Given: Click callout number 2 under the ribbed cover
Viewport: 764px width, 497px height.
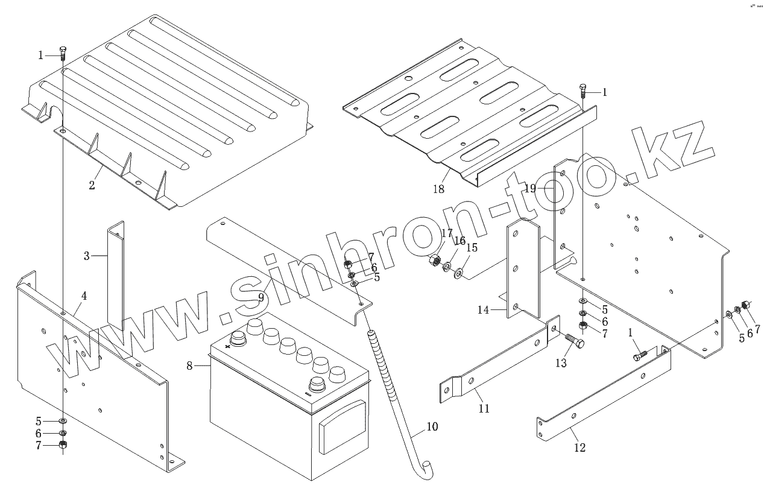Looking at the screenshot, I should (x=92, y=185).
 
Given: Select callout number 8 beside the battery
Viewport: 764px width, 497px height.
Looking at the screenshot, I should (x=189, y=365).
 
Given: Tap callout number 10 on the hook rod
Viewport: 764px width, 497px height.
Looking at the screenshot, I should (x=432, y=427).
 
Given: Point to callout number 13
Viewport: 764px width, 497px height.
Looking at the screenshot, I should (x=561, y=362).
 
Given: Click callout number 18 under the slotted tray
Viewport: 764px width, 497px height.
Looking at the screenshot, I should (x=438, y=189).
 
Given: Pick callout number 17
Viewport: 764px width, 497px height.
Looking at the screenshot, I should (x=446, y=233).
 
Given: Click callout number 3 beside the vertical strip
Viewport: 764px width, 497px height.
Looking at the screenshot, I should (x=87, y=256).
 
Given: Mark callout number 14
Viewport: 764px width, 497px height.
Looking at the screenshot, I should (x=484, y=310).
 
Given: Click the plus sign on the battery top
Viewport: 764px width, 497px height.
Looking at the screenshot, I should (x=228, y=346).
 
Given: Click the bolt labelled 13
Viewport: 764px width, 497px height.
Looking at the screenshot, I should (x=574, y=344).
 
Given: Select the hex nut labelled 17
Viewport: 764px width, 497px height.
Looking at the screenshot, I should (x=433, y=262).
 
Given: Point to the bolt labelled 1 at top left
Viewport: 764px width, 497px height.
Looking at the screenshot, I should (x=63, y=52).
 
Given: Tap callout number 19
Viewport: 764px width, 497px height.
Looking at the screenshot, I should (x=529, y=188).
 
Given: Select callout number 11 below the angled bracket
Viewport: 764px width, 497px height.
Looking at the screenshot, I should (x=484, y=408).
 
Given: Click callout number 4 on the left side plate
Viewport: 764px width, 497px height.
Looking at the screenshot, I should (x=84, y=296).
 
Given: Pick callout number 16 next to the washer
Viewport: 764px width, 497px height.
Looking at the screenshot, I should (x=460, y=241).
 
